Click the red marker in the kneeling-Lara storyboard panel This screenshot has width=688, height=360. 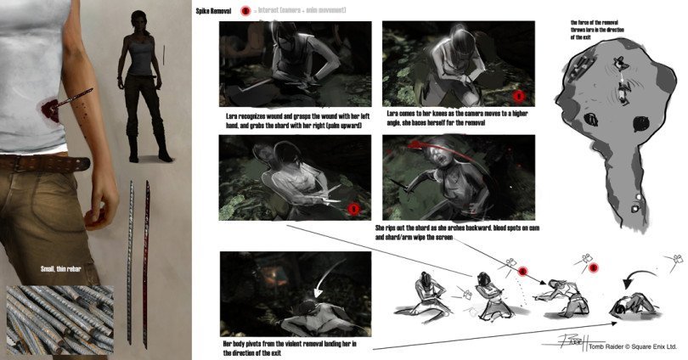[517, 95]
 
